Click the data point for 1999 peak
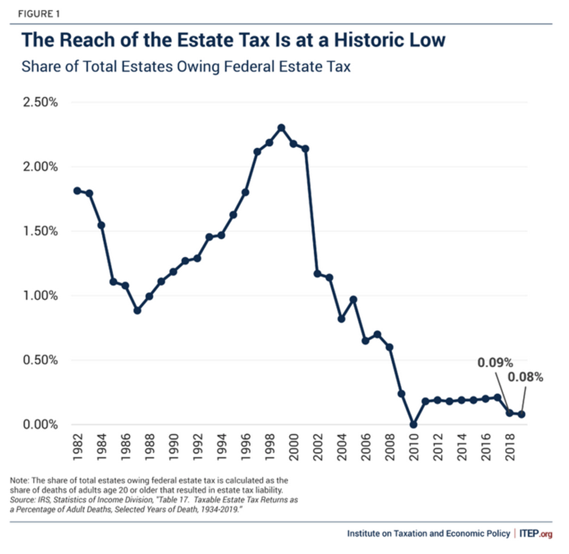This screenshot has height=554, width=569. point(281,128)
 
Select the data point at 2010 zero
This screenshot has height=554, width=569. point(413,425)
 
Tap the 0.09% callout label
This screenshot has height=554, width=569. point(495,363)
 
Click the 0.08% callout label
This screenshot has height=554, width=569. point(525,378)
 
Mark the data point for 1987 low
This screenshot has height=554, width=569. point(137,310)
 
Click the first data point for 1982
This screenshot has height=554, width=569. point(77,191)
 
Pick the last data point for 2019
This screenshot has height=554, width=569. point(521,414)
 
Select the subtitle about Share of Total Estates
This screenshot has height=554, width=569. point(186,66)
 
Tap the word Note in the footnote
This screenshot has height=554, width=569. point(20,480)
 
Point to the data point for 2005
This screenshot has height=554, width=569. point(353,299)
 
